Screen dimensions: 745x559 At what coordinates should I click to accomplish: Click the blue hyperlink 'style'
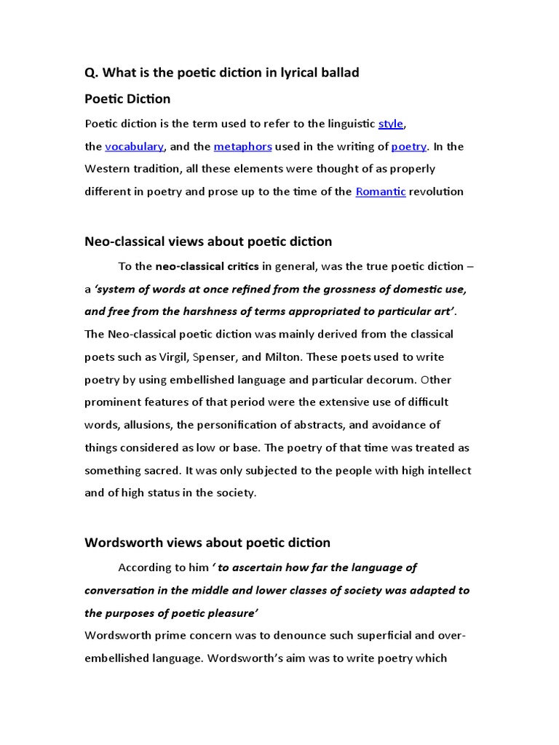(x=390, y=124)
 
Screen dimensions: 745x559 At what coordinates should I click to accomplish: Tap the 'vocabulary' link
(x=135, y=146)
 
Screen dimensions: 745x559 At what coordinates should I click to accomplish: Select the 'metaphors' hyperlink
(x=242, y=146)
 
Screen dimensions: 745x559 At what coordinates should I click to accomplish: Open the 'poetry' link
(x=409, y=146)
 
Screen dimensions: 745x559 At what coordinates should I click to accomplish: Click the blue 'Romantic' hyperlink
(x=381, y=191)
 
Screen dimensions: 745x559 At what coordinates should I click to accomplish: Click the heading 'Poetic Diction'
(x=127, y=99)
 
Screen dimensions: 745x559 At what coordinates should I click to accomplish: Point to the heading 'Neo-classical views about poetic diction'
(x=208, y=242)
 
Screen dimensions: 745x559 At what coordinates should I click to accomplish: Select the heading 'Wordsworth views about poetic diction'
(x=207, y=543)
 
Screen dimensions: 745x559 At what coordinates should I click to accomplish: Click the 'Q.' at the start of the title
(x=91, y=73)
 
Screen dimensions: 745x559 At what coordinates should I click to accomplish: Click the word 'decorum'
(x=391, y=379)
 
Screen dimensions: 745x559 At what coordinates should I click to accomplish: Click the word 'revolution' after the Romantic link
(x=437, y=191)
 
